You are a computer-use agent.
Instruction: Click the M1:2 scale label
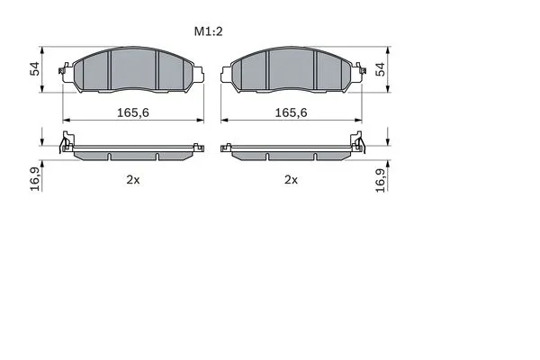pyautogui.click(x=209, y=31)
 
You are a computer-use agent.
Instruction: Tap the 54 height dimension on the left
pyautogui.click(x=35, y=69)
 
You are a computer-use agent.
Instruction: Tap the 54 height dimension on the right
pyautogui.click(x=381, y=69)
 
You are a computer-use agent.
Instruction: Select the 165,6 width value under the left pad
pyautogui.click(x=133, y=112)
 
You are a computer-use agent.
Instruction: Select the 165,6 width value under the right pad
pyautogui.click(x=291, y=112)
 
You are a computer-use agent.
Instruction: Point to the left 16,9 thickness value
pyautogui.click(x=35, y=179)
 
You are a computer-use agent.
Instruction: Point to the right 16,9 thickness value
pyautogui.click(x=381, y=180)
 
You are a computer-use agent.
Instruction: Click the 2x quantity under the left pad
pyautogui.click(x=133, y=179)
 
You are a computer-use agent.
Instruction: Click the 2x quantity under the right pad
pyautogui.click(x=291, y=179)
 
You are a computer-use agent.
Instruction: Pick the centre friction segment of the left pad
pyautogui.click(x=133, y=69)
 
